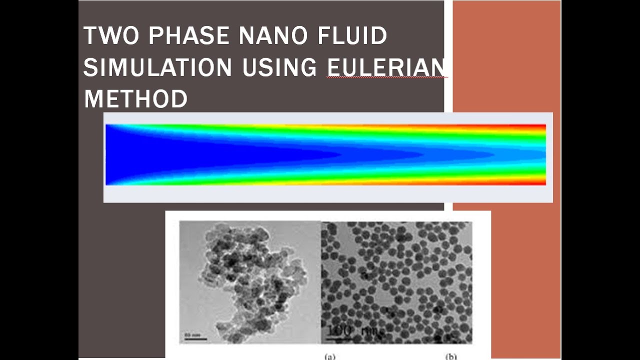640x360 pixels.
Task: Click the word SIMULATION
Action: (x=157, y=67)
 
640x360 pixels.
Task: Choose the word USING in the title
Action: (x=279, y=67)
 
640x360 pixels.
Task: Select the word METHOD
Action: (x=135, y=98)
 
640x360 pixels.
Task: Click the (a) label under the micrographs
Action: (x=330, y=356)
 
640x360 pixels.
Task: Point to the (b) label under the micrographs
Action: (x=451, y=356)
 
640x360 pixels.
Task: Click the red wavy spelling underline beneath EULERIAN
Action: (x=386, y=78)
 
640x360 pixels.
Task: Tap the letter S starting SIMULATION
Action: (x=89, y=67)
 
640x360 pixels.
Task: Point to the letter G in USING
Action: (x=309, y=67)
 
